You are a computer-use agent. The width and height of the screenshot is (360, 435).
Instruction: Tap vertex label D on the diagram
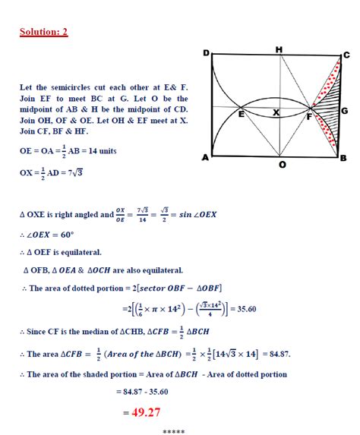point(206,53)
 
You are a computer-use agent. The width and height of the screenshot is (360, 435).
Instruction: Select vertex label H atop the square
point(279,49)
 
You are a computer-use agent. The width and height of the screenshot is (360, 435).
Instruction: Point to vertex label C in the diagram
point(346,55)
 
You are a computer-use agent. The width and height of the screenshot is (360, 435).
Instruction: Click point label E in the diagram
point(242,115)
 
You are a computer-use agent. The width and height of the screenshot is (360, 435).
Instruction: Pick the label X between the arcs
point(276,113)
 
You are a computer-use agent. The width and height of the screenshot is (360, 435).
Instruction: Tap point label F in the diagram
point(308,117)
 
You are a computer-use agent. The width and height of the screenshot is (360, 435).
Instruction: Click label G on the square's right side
point(345,111)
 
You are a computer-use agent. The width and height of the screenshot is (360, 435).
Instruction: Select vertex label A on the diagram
point(205,158)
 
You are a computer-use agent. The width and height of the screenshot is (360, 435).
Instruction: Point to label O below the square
point(283,165)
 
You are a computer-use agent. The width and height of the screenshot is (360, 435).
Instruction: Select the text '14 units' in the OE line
point(99,151)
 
